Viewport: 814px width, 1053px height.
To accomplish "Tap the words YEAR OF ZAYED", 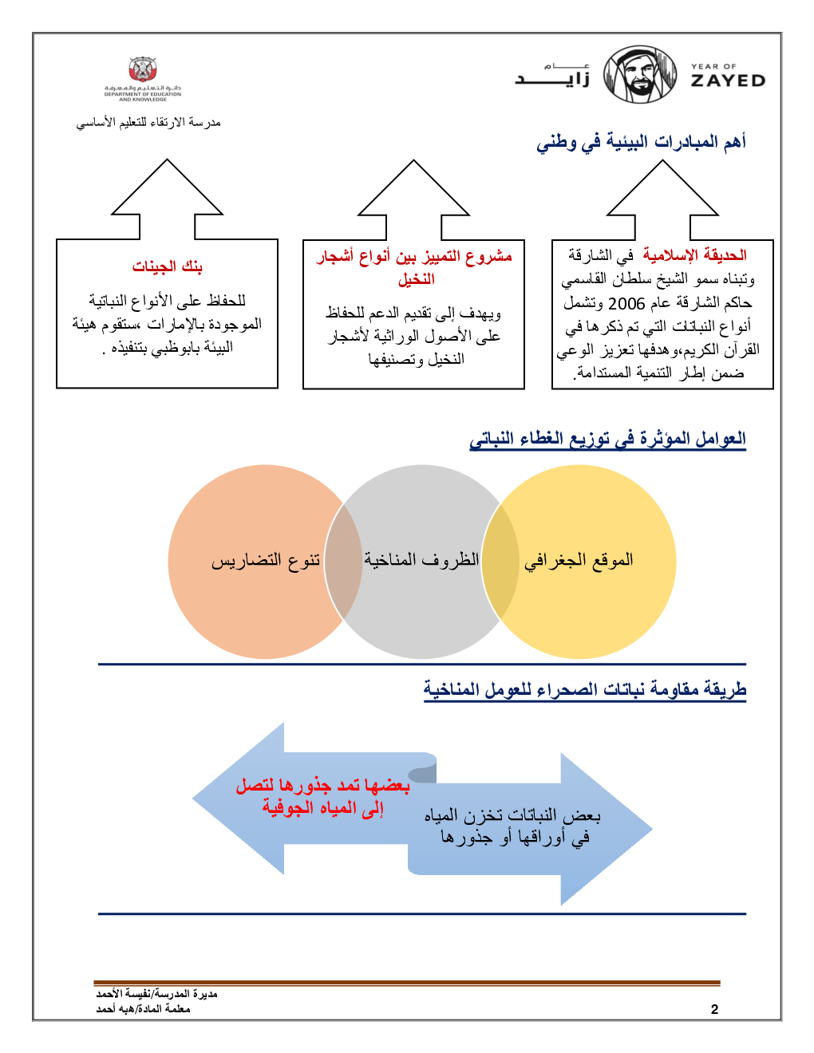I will (x=727, y=76).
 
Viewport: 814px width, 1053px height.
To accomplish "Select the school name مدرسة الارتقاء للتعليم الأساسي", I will (x=148, y=123).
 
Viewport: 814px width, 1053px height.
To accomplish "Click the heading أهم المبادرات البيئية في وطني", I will (x=641, y=143).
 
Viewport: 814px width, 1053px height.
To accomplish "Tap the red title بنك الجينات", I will (x=168, y=266).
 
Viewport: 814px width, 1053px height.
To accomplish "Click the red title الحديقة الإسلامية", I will (x=694, y=255).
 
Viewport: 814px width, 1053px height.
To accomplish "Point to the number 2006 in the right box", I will (x=626, y=303).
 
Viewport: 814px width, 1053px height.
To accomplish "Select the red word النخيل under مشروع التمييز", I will (x=417, y=279).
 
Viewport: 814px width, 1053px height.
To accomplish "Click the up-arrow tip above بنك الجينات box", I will (x=168, y=162).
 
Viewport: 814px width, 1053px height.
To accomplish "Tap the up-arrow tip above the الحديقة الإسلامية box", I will (x=662, y=163).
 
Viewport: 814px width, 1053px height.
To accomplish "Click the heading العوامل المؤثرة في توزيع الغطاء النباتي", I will (x=607, y=439).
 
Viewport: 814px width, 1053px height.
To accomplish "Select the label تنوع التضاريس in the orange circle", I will (x=266, y=561).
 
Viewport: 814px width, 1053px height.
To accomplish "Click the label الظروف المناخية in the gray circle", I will (x=421, y=560).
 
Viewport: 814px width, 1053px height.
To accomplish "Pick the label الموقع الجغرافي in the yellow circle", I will (x=579, y=560).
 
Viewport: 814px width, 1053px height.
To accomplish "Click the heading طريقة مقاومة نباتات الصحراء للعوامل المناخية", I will (x=584, y=689).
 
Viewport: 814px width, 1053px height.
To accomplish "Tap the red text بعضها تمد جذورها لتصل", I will (x=322, y=787).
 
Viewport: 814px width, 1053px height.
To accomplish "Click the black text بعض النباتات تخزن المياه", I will (x=512, y=816).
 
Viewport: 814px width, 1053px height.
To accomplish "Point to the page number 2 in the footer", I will (x=714, y=1009).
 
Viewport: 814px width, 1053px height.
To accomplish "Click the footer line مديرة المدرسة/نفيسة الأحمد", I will (x=156, y=994).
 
